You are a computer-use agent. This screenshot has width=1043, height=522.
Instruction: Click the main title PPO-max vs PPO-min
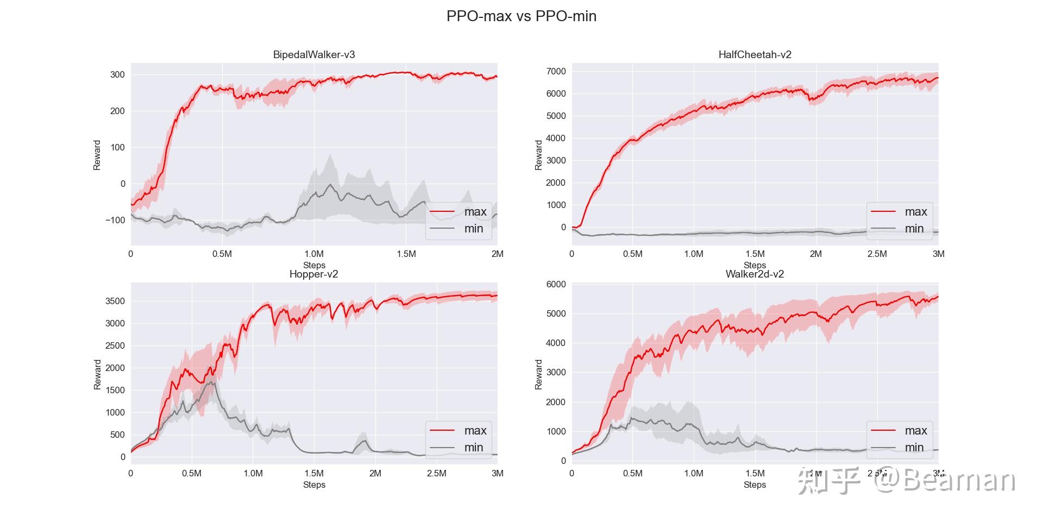tap(521, 16)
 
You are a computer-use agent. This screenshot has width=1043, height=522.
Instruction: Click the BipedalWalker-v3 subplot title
tap(314, 54)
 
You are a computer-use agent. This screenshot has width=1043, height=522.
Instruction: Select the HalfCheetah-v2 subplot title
tap(755, 54)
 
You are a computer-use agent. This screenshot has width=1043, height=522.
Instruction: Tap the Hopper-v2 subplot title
tap(313, 274)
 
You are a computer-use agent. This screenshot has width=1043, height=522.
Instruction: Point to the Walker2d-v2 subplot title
tap(755, 274)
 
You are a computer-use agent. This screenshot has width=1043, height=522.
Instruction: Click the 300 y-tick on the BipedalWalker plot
tap(117, 74)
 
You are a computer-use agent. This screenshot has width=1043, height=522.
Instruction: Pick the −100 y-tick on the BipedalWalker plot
tap(115, 220)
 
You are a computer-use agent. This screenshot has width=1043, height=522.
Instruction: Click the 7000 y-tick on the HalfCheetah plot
tap(556, 71)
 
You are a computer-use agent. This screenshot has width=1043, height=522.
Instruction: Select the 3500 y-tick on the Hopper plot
tap(115, 301)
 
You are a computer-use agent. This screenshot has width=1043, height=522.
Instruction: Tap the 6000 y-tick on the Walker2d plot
tap(556, 284)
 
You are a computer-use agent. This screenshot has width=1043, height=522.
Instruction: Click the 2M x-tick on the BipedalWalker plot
tap(497, 254)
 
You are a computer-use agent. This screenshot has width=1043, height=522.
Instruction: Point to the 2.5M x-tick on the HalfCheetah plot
tap(877, 254)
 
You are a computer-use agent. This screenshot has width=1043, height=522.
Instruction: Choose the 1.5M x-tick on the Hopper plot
tap(314, 473)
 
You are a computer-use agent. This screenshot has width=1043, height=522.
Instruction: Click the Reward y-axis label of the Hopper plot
tap(98, 374)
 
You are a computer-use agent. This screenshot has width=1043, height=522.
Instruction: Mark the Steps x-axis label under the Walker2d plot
tap(755, 485)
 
